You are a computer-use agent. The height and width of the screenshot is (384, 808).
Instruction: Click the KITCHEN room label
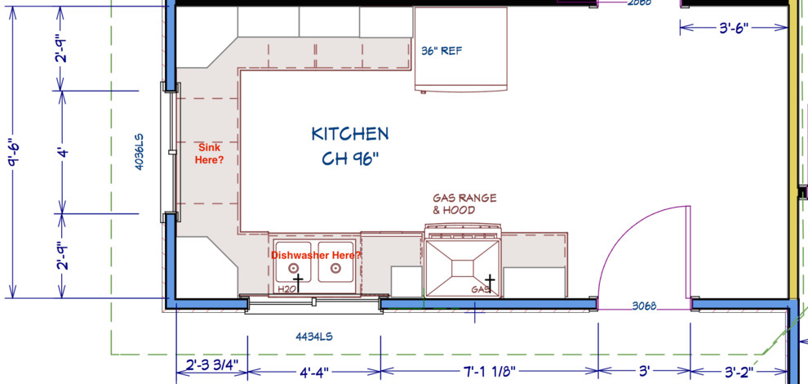(349, 133)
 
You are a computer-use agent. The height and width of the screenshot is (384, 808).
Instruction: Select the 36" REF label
(442, 51)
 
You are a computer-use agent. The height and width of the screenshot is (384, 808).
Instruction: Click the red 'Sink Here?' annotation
(210, 153)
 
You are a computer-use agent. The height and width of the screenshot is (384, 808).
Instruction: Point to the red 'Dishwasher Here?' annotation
(316, 256)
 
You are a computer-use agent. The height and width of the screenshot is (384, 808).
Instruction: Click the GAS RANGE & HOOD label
(464, 204)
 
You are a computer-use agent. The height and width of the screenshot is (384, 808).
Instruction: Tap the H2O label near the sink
(286, 289)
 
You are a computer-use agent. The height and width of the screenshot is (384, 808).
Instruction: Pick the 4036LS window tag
(140, 151)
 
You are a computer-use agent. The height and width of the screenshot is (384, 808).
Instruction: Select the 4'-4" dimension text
(313, 372)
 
